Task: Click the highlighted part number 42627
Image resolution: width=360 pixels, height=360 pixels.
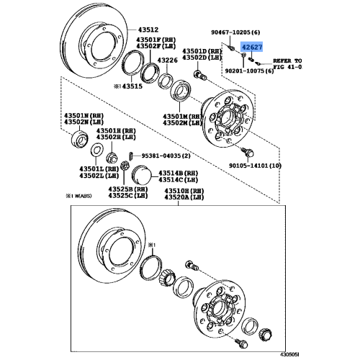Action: (x=251, y=48)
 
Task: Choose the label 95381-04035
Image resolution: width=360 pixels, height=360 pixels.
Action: (x=163, y=156)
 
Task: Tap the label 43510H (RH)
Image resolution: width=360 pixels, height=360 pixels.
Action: (x=183, y=189)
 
